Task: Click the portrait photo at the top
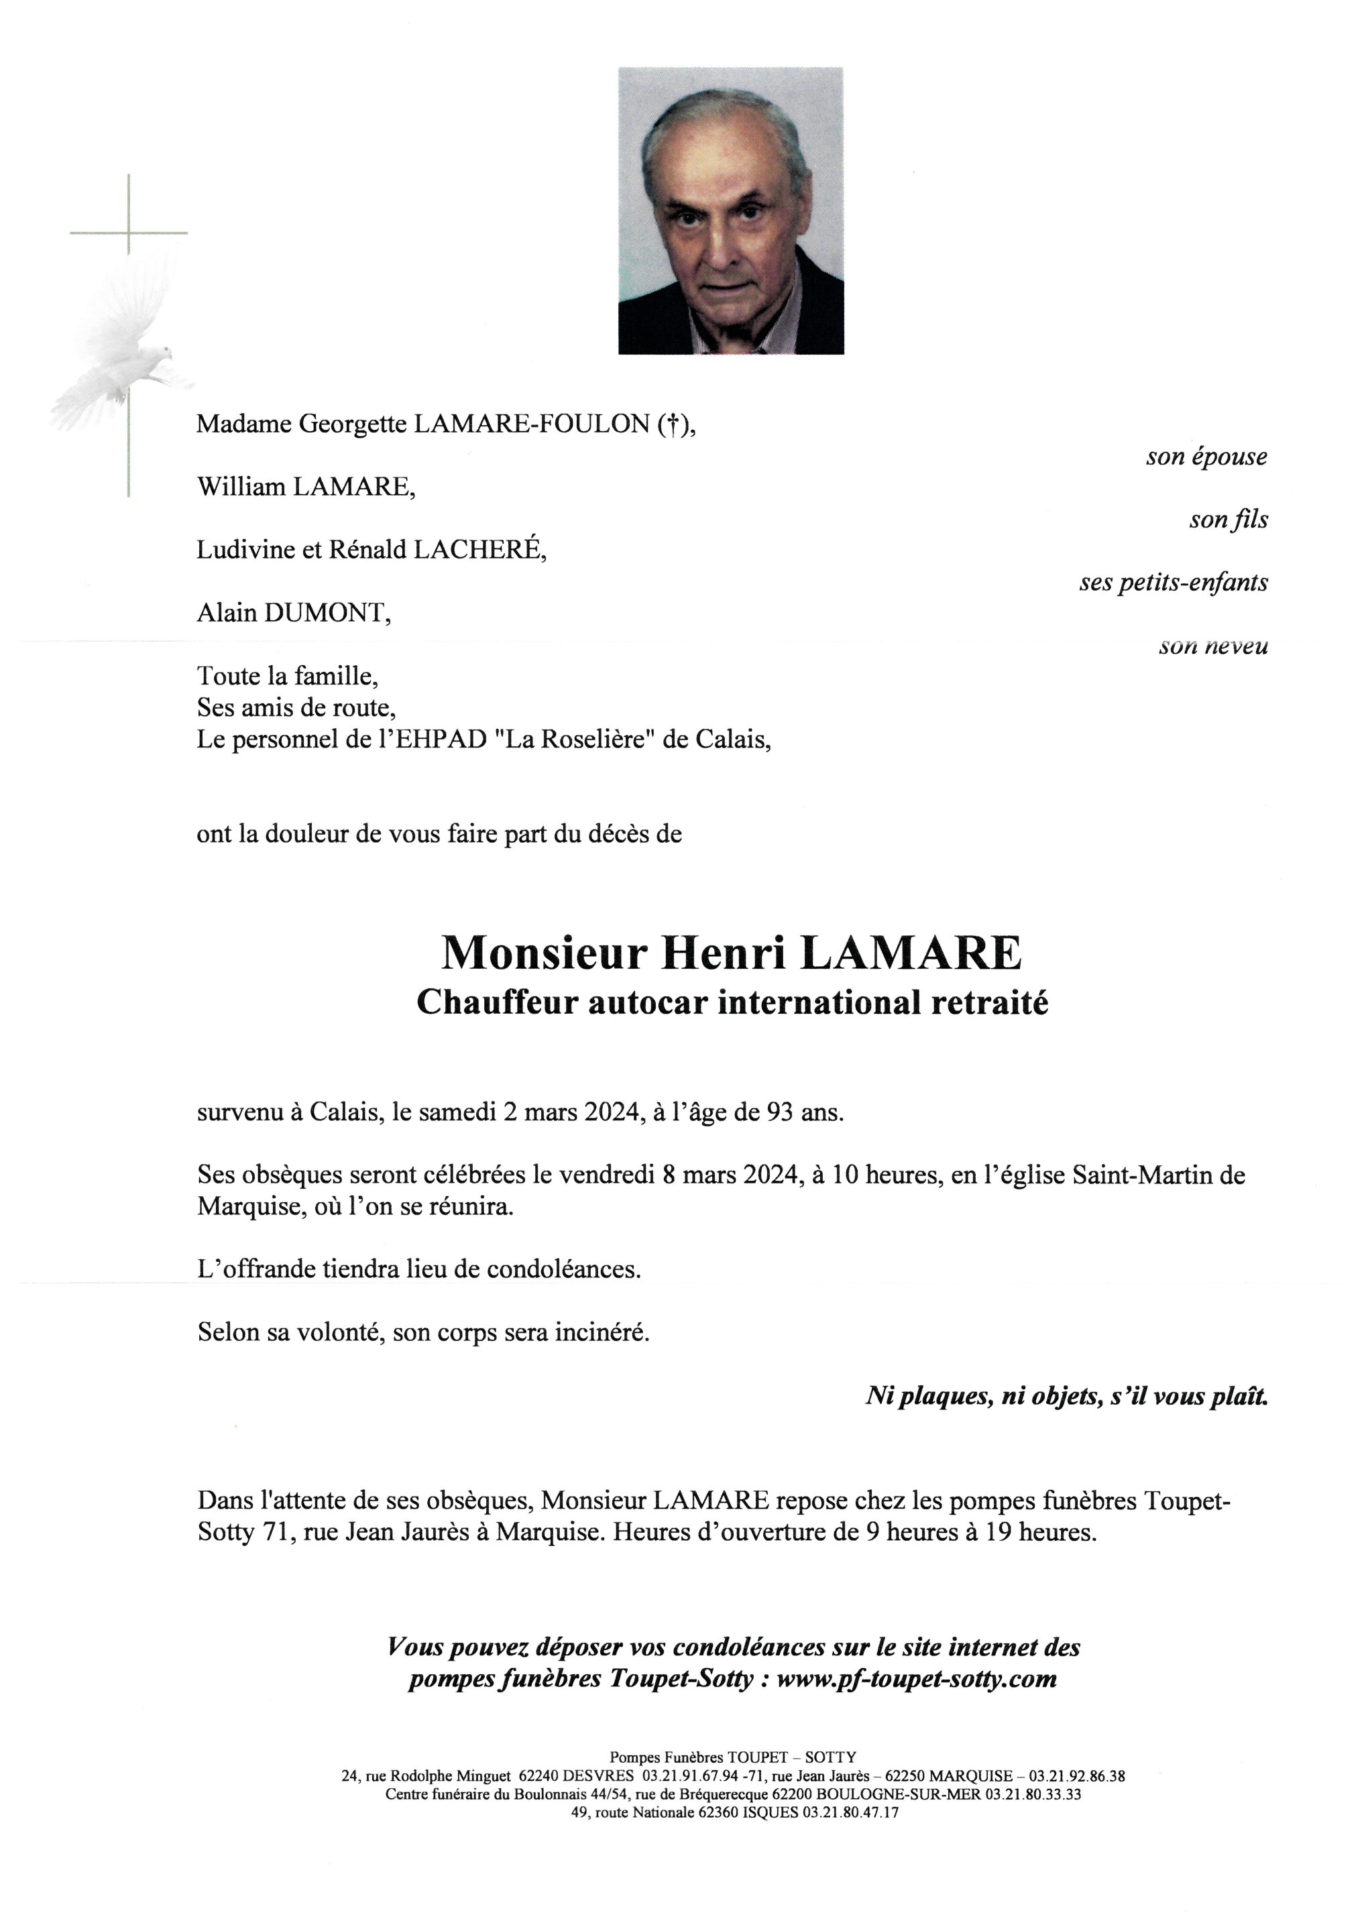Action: [x=730, y=211]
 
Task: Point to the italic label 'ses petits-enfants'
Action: [x=1174, y=582]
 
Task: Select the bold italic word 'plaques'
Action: [x=942, y=1397]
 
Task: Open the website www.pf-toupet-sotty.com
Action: [x=916, y=1680]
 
